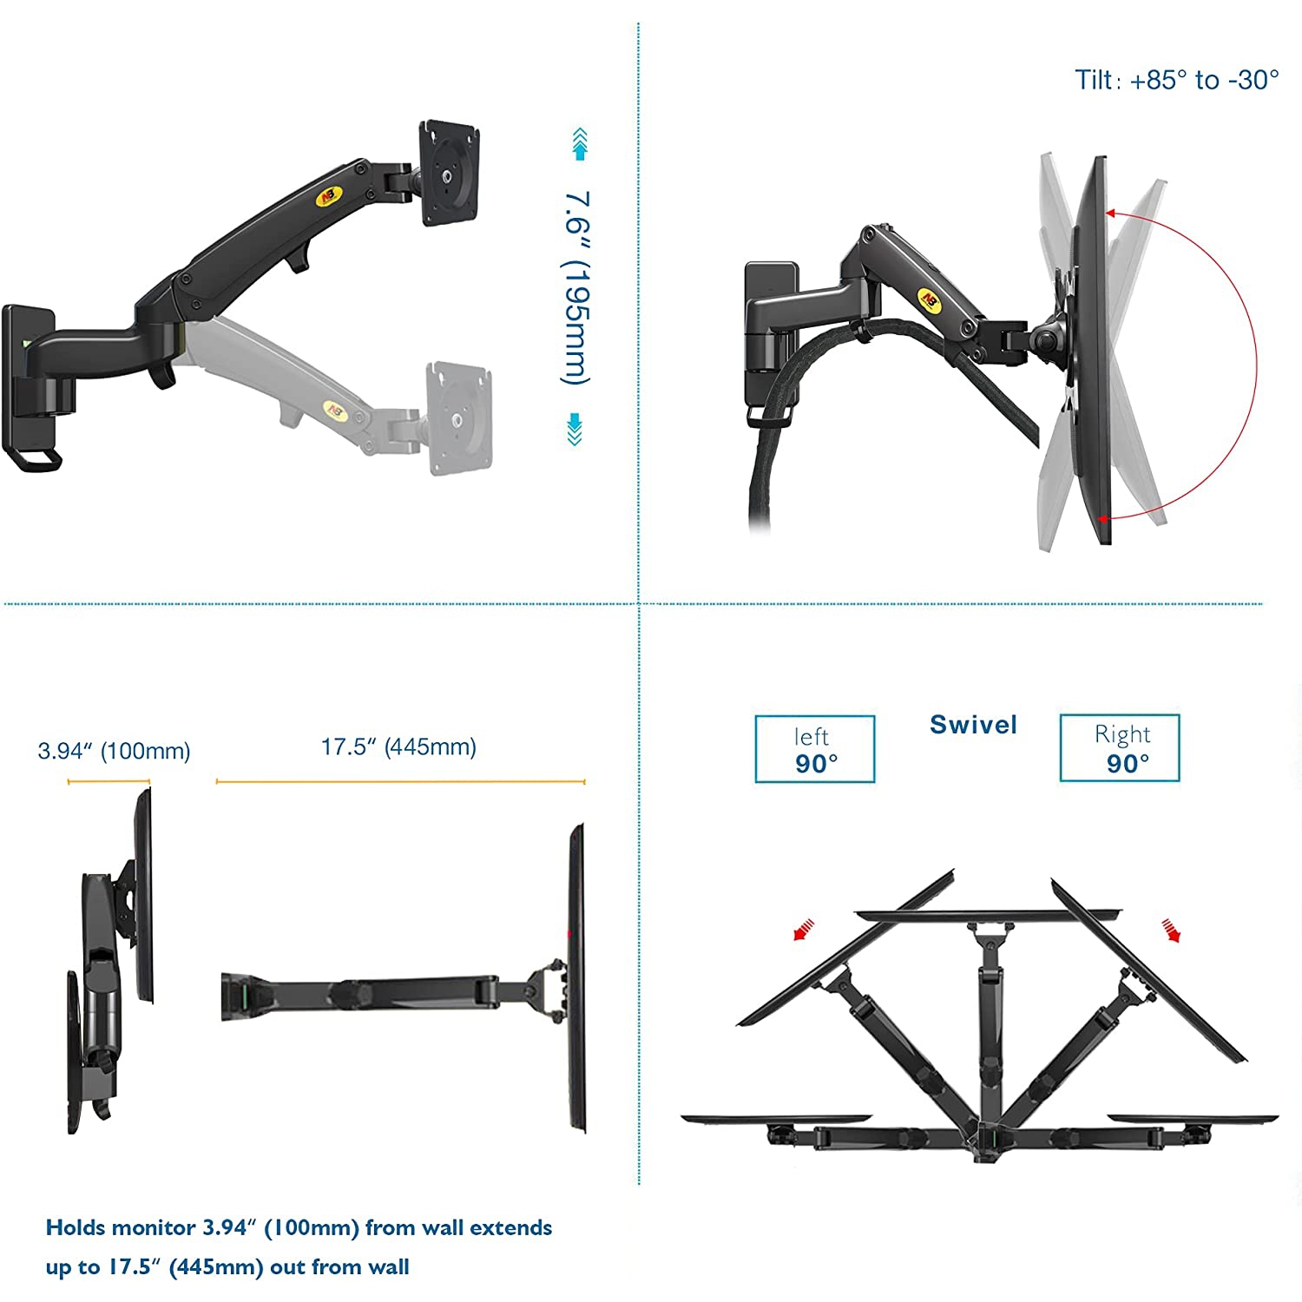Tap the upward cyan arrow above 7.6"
tap(580, 144)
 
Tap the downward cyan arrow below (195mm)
tap(575, 430)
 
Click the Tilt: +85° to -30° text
tap(1176, 81)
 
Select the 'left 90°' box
tap(814, 749)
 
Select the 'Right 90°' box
tap(1120, 748)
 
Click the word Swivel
tap(973, 725)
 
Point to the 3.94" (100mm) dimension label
tap(114, 751)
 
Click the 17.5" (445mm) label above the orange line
tap(398, 747)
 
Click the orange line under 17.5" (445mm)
tap(400, 782)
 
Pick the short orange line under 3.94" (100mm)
tap(108, 782)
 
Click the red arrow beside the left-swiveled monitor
tap(804, 930)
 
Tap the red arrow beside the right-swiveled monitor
tap(1172, 930)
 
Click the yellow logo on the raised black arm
tap(330, 196)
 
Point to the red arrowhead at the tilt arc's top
tap(1111, 213)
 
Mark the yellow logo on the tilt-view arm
tap(930, 299)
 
